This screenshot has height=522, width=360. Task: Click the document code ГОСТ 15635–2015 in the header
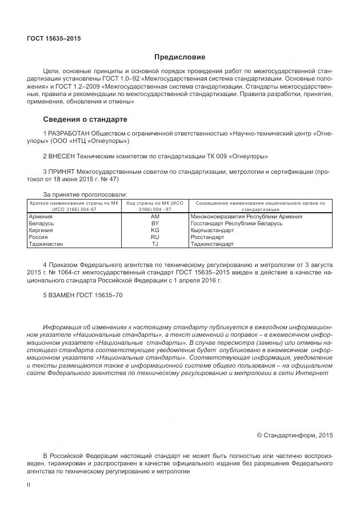tap(54, 39)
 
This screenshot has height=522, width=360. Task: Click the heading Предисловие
tap(179, 57)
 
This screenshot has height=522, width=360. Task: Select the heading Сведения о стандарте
tap(85, 119)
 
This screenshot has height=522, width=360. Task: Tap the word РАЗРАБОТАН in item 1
tap(69, 134)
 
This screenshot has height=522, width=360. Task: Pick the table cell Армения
tap(41, 217)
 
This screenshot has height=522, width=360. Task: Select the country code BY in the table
tap(155, 224)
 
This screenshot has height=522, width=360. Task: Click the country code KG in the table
tap(155, 230)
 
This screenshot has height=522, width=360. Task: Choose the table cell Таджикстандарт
tap(212, 244)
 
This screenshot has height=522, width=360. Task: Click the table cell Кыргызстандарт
tap(212, 230)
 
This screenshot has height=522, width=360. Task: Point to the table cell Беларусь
tap(41, 224)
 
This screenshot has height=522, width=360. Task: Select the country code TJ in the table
tap(155, 244)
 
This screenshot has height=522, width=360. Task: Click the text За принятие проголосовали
tap(85, 194)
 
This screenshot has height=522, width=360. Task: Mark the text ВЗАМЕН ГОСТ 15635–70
tap(83, 295)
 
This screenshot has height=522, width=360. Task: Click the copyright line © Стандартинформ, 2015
tap(294, 435)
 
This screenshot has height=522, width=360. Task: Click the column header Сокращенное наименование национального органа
tap(260, 205)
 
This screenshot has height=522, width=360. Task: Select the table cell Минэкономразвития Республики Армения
tap(246, 217)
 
